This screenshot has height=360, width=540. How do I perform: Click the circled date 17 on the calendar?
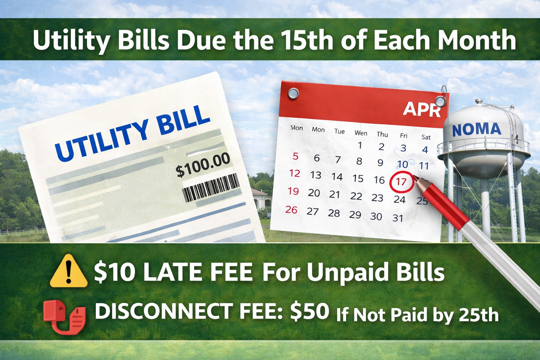click(x=401, y=182)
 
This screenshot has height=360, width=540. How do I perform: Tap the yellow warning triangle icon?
click(x=69, y=272)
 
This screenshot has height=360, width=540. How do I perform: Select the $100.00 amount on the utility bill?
click(x=203, y=165)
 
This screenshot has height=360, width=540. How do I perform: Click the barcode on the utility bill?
click(x=211, y=188)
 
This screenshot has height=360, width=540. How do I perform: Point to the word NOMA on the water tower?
click(x=476, y=129)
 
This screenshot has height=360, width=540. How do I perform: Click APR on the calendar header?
click(x=422, y=109)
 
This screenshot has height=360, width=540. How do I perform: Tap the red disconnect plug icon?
click(x=64, y=316)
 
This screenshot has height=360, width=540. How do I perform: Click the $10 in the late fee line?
click(x=114, y=272)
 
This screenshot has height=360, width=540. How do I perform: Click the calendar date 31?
click(x=398, y=218)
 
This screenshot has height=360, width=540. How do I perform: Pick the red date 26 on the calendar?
click(x=291, y=210)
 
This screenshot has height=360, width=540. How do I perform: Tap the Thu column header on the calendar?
click(x=382, y=134)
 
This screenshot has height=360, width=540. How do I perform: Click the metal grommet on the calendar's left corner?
click(x=293, y=94)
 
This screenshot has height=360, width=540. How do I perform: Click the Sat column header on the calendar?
click(x=426, y=137)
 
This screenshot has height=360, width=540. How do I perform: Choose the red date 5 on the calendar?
click(x=295, y=156)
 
